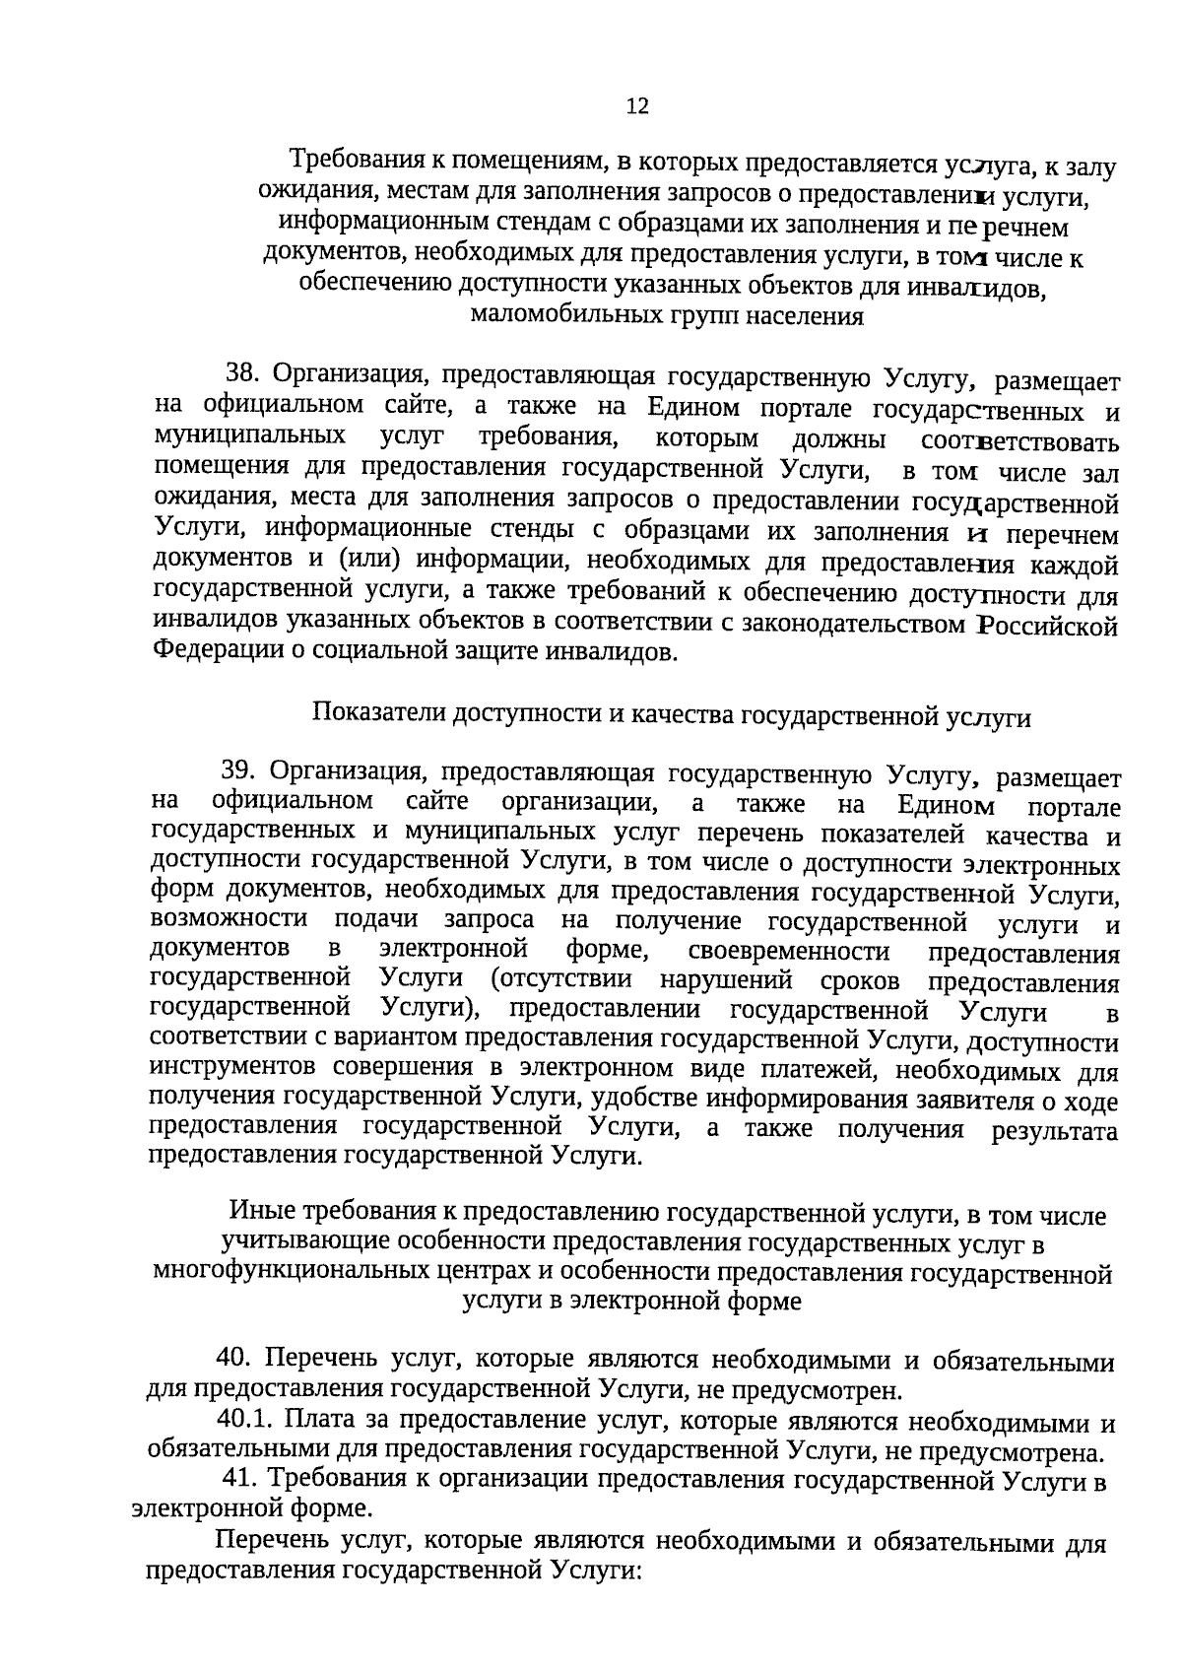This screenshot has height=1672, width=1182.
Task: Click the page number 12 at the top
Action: tap(637, 106)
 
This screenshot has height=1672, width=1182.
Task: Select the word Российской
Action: tap(1047, 625)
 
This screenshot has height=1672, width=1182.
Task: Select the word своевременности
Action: tap(789, 952)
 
